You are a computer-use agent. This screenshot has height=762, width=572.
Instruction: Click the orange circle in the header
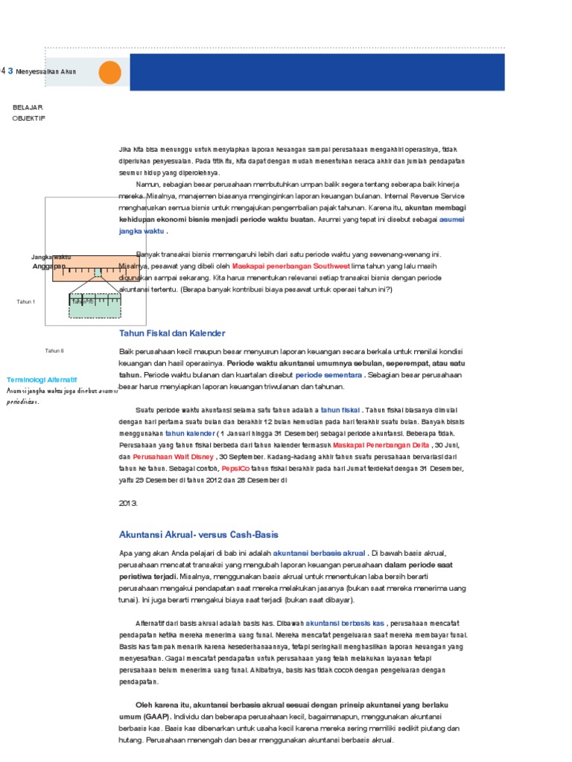click(109, 72)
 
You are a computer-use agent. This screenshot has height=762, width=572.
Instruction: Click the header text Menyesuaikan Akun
click(46, 71)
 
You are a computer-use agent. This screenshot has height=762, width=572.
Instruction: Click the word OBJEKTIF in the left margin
click(29, 118)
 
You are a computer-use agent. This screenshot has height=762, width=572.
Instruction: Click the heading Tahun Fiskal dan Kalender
click(172, 333)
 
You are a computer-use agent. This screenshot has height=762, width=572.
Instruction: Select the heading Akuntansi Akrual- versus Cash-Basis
click(198, 534)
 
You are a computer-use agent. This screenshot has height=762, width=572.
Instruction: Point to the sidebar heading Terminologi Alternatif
click(42, 379)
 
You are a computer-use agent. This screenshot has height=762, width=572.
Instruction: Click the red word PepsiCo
click(235, 468)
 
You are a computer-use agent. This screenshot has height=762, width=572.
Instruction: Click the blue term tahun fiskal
click(340, 409)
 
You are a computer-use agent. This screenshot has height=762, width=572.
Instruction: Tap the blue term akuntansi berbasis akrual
click(320, 553)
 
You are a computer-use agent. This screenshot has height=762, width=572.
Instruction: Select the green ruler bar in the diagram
click(95, 306)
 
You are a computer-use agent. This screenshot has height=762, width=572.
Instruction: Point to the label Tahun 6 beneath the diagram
click(54, 350)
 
